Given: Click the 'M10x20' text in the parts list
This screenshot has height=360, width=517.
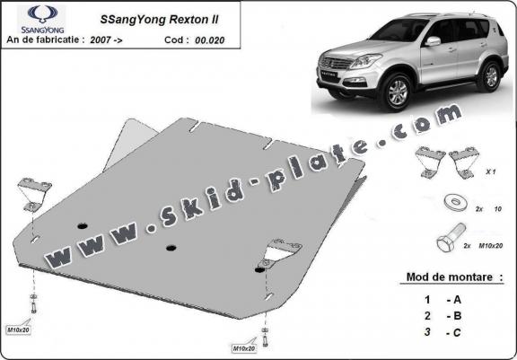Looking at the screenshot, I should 494,244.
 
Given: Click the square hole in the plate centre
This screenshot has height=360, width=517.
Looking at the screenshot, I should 169,247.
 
